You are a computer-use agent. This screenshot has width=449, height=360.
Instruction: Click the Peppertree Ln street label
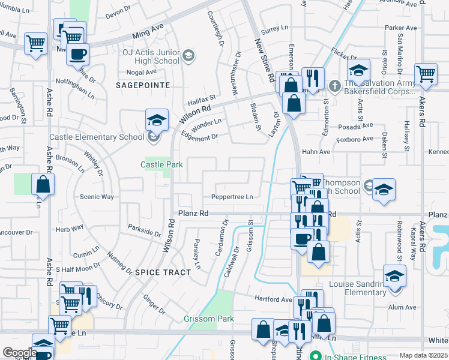232,197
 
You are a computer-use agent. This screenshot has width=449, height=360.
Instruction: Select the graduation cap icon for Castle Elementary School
156,121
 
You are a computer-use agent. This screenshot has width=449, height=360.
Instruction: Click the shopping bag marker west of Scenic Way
43,185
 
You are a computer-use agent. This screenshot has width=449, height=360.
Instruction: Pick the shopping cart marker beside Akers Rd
426,74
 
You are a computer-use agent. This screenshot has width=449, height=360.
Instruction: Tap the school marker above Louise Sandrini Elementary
394,276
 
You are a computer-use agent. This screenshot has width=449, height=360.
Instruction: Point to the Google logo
20,353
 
